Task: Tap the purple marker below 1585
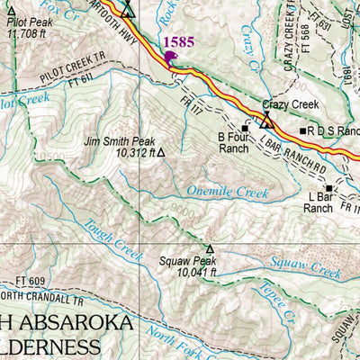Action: click(171, 58)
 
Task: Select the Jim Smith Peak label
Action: click(119, 141)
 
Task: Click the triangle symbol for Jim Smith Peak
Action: click(161, 153)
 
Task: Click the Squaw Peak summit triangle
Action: click(210, 249)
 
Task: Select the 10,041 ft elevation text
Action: click(197, 272)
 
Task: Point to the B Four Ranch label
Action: click(232, 142)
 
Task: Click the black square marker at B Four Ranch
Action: click(243, 129)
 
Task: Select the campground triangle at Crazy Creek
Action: click(267, 118)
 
